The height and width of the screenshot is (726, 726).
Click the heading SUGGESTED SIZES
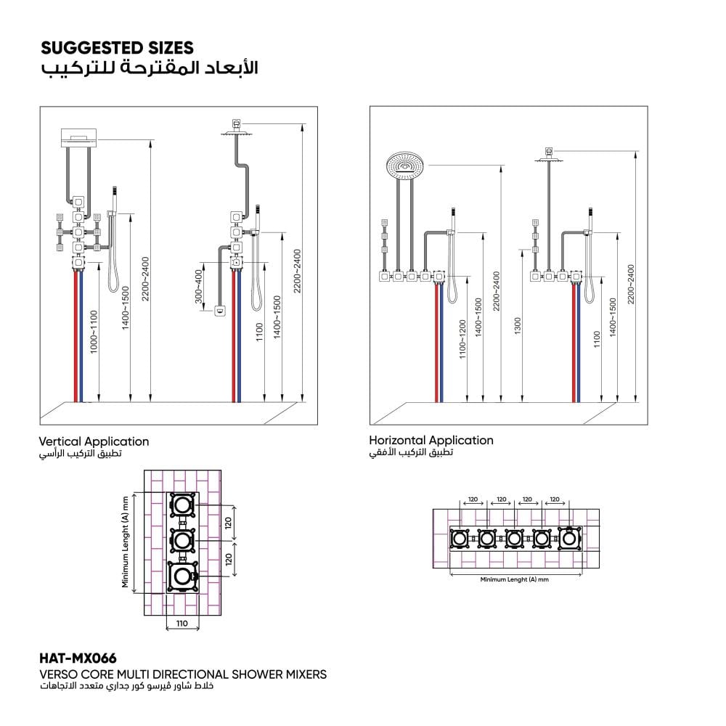coord(117,48)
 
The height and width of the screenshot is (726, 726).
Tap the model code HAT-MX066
coord(78,658)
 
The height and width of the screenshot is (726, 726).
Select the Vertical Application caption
coord(94,441)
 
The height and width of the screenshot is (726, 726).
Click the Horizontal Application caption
coord(431,440)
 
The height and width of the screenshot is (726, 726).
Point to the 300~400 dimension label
coord(199,287)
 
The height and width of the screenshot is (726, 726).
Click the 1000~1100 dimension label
coord(94,333)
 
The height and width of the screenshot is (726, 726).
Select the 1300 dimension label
coord(518,326)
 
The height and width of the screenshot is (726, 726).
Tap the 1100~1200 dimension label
coord(462,339)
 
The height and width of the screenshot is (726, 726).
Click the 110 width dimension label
coord(182,623)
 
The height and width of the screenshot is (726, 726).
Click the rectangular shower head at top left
coord(79,137)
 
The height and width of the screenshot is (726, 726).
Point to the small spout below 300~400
coord(220,310)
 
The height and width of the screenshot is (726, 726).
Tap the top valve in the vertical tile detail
coord(182,505)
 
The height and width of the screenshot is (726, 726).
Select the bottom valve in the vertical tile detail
coord(182,576)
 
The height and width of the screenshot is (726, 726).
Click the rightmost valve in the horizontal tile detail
coord(569,539)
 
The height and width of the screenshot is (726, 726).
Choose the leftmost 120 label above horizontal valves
coord(473,499)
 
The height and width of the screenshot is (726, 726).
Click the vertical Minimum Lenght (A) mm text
coord(125,542)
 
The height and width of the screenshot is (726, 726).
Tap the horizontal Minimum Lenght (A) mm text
coord(515,579)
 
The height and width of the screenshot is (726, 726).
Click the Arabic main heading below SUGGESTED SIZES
coord(149,68)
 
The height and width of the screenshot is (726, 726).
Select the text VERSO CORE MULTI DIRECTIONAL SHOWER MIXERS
coord(183,674)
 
